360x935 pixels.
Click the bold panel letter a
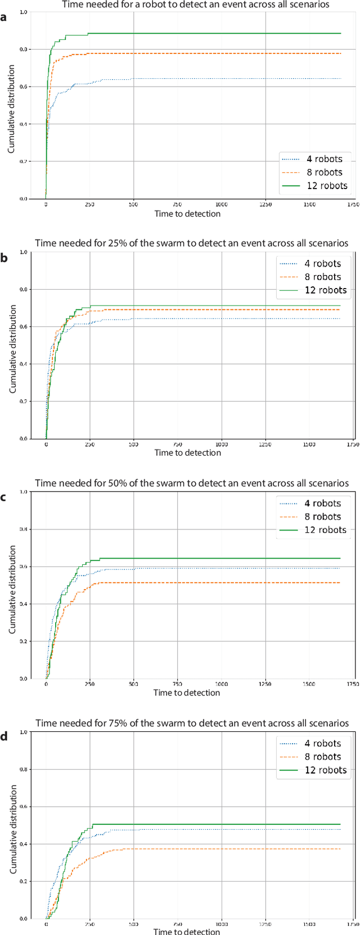pos(4,17)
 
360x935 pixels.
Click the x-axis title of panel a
pos(187,213)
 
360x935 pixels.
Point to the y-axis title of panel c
pos(12,590)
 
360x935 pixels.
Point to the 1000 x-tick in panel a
pos(221,205)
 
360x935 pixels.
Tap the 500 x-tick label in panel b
pos(134,444)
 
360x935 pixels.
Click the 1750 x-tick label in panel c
pos(353,684)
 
